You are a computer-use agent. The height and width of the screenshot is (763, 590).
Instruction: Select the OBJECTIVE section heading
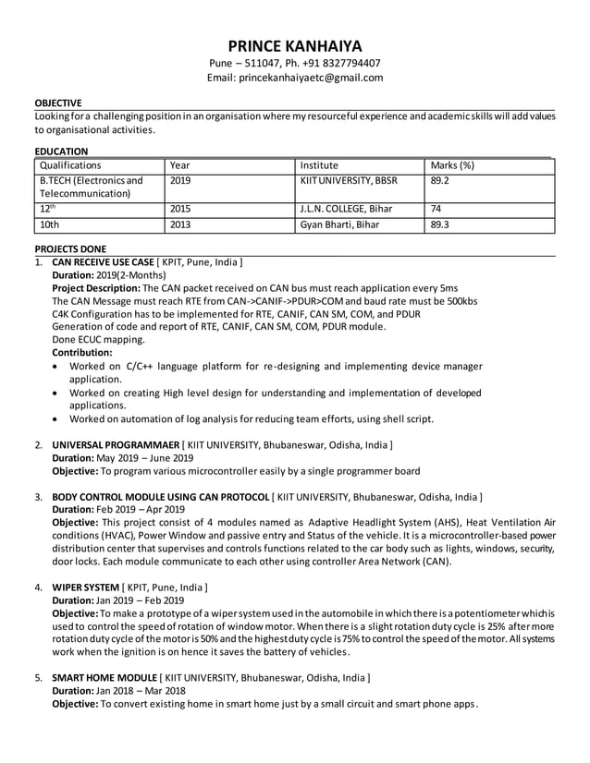(58, 103)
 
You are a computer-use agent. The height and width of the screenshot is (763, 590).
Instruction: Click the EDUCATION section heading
(61, 151)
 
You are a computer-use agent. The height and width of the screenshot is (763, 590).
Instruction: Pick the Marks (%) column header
(452, 164)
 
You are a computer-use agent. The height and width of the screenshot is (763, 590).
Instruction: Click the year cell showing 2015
(180, 209)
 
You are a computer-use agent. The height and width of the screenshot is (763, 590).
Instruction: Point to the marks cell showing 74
(436, 209)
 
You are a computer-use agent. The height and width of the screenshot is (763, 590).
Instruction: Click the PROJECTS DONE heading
(70, 249)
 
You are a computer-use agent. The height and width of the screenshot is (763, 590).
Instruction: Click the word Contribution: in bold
(82, 353)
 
